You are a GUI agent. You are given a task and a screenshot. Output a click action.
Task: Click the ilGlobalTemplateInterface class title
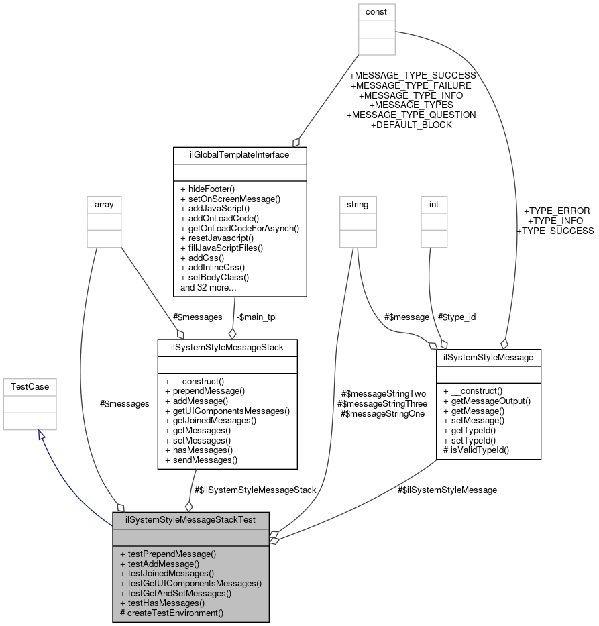pyautogui.click(x=239, y=155)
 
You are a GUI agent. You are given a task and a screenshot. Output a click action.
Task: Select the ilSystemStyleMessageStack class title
pyautogui.click(x=227, y=347)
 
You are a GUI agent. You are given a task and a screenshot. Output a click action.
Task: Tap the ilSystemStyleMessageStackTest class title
pyautogui.click(x=190, y=520)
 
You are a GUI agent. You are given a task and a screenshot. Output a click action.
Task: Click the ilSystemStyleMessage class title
pyautogui.click(x=488, y=358)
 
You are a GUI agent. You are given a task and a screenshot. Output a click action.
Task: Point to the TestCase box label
pyautogui.click(x=30, y=386)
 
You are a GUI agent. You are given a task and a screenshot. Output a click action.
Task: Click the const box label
pyautogui.click(x=377, y=11)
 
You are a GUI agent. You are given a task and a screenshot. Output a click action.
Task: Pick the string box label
pyautogui.click(x=357, y=204)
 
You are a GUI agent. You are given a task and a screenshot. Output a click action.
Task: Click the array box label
pyautogui.click(x=104, y=204)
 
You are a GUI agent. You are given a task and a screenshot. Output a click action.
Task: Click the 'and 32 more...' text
pyautogui.click(x=208, y=287)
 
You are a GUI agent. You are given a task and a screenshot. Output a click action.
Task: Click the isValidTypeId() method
pyautogui.click(x=476, y=450)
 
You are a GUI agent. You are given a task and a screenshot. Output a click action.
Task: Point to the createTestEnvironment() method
pyautogui.click(x=171, y=613)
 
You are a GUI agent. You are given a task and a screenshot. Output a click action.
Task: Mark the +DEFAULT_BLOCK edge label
pyautogui.click(x=411, y=125)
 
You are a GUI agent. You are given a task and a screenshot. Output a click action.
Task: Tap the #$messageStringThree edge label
pyautogui.click(x=384, y=404)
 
